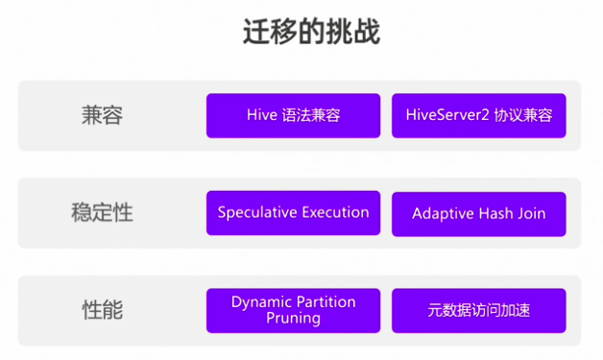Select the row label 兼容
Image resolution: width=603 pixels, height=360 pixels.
(102, 115)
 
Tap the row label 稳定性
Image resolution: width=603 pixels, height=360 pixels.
(102, 213)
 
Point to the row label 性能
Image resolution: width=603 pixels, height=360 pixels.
(102, 310)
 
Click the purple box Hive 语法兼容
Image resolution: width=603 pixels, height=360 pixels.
(293, 115)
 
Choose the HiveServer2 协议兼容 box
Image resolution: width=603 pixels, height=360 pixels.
(478, 115)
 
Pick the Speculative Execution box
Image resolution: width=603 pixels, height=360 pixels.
(293, 213)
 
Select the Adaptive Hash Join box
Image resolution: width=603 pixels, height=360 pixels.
(478, 213)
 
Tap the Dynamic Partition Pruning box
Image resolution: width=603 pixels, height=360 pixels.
(293, 310)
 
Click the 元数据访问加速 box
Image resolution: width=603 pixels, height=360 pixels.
(478, 311)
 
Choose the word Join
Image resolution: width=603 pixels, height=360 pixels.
(532, 213)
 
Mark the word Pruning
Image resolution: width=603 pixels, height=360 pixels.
(293, 319)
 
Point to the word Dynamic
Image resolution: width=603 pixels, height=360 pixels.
(261, 301)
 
